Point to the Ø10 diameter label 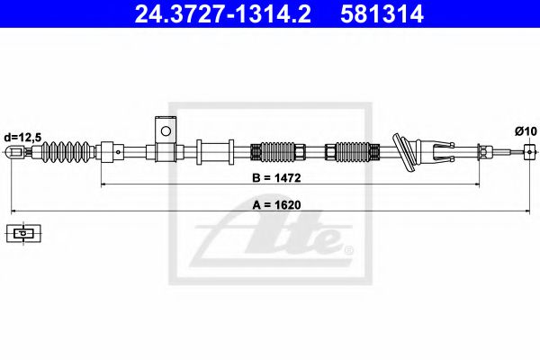(526, 131)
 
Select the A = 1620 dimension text (275, 203)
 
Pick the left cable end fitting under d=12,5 (15, 152)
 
